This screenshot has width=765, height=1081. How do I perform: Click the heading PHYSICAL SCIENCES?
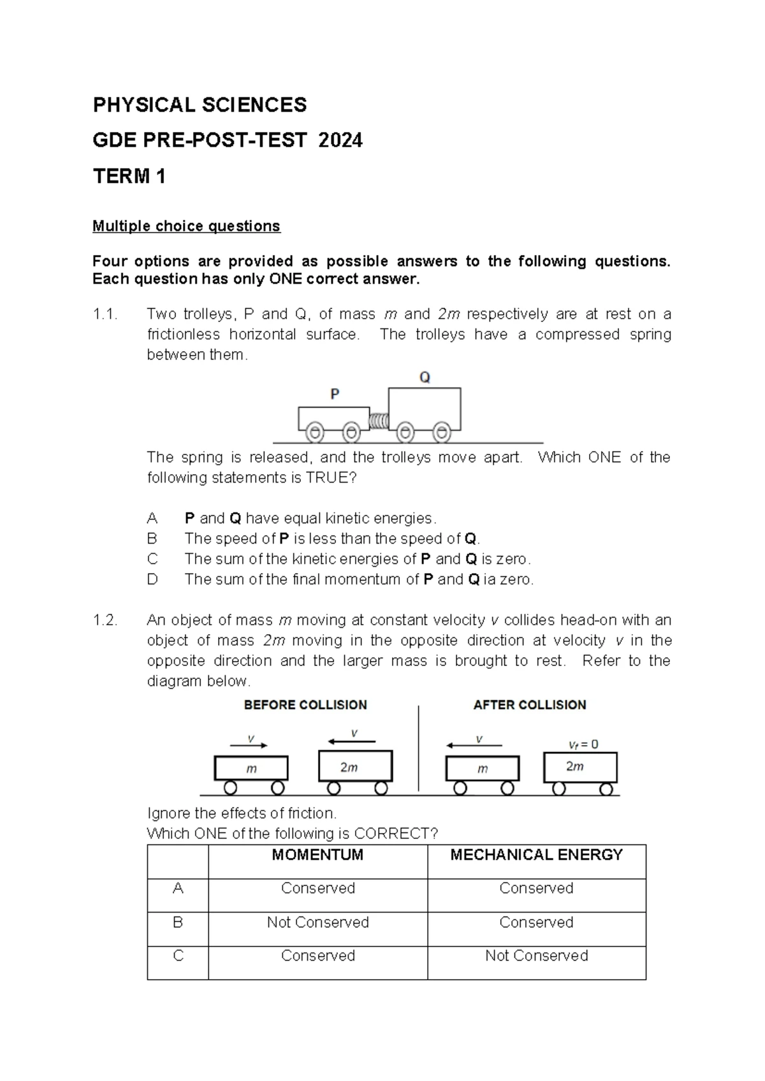pyautogui.click(x=200, y=105)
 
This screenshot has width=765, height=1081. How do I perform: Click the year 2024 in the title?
pyautogui.click(x=340, y=140)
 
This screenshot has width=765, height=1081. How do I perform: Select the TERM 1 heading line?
pyautogui.click(x=129, y=176)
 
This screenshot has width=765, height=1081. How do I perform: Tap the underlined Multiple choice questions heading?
pyautogui.click(x=186, y=226)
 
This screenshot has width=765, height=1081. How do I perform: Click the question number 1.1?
pyautogui.click(x=105, y=314)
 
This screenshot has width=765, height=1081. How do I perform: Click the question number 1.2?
pyautogui.click(x=105, y=620)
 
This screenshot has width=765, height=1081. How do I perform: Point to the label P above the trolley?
pyautogui.click(x=335, y=395)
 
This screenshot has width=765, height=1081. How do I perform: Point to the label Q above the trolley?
pyautogui.click(x=425, y=377)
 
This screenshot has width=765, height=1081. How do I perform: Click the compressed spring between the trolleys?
pyautogui.click(x=379, y=421)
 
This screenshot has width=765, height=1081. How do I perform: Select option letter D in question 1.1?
pyautogui.click(x=152, y=579)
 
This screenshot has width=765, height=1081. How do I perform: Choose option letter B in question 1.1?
pyautogui.click(x=152, y=539)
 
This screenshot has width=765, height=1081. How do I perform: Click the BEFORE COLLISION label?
pyautogui.click(x=305, y=705)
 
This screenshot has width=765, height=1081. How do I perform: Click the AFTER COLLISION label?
pyautogui.click(x=529, y=705)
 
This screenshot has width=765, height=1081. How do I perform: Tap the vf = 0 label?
pyautogui.click(x=583, y=744)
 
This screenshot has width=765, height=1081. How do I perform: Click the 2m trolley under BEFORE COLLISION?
pyautogui.click(x=355, y=767)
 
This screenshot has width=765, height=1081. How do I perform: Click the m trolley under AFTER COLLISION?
pyautogui.click(x=483, y=769)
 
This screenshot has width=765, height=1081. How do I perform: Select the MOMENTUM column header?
pyautogui.click(x=317, y=855)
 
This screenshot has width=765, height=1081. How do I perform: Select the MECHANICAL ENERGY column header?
pyautogui.click(x=536, y=855)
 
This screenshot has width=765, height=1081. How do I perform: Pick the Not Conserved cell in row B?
pyautogui.click(x=317, y=922)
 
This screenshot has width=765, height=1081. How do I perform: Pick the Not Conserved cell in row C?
pyautogui.click(x=536, y=955)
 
